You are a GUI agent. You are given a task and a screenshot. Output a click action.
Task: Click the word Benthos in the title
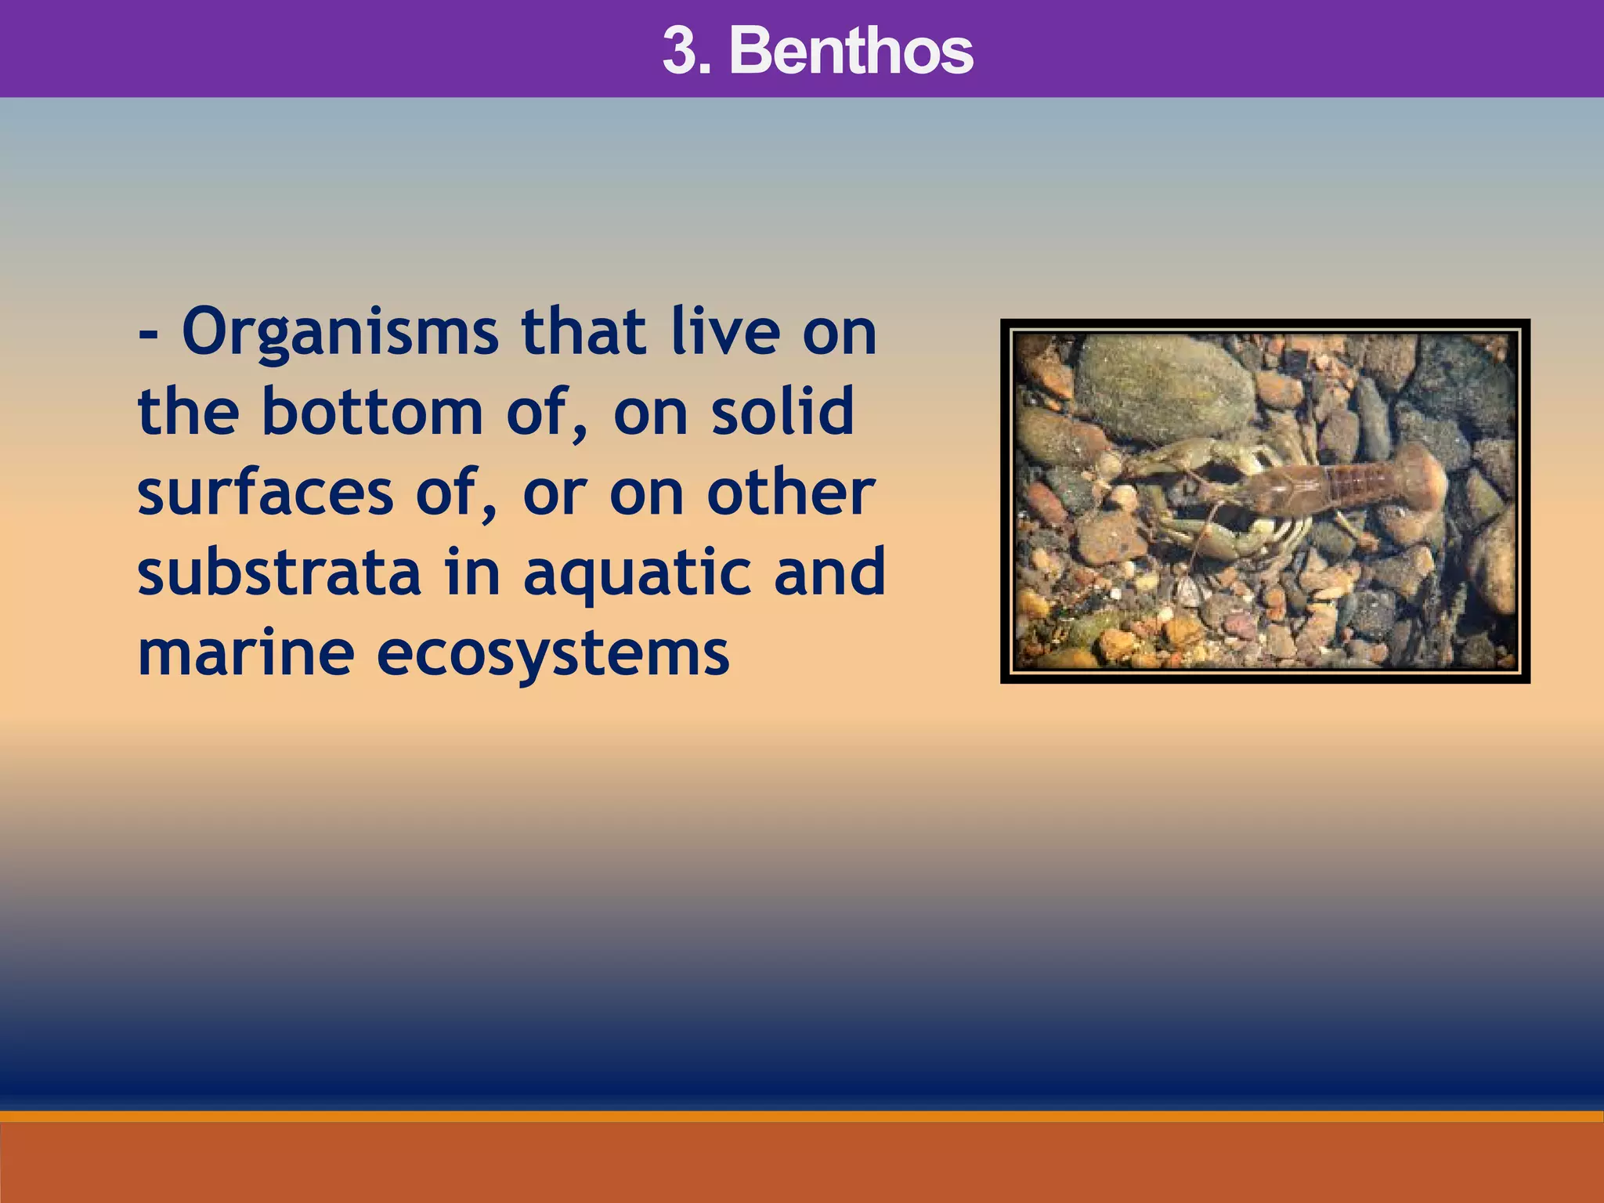(851, 51)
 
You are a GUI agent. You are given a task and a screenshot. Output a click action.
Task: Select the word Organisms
(340, 333)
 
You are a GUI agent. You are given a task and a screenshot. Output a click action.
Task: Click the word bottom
(373, 413)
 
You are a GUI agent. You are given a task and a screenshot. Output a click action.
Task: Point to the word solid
(782, 413)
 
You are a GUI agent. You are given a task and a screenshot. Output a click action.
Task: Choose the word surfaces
(265, 493)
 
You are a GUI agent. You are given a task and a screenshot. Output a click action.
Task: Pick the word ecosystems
(553, 656)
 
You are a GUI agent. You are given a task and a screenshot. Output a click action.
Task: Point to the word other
(790, 493)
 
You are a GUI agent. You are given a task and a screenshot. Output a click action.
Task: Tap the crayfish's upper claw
(1175, 459)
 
